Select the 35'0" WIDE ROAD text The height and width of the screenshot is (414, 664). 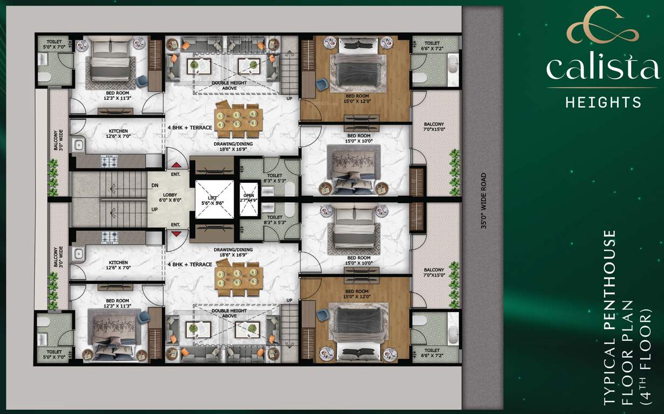[483, 201]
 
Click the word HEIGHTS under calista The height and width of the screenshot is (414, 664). [603, 101]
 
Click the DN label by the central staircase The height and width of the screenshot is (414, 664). [155, 186]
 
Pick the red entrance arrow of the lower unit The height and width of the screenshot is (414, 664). [176, 233]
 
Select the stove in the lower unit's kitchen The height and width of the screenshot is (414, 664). [111, 236]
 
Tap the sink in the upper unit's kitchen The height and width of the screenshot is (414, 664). [79, 144]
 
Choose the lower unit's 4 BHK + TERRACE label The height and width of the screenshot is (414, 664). [189, 265]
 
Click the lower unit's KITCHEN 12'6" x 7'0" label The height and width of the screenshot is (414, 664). [119, 265]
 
